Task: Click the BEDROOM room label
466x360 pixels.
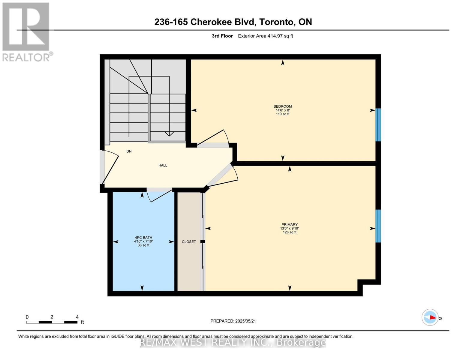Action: [282, 106]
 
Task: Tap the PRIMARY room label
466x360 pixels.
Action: [289, 224]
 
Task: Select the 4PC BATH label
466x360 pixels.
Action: [143, 238]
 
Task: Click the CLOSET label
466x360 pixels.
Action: [189, 241]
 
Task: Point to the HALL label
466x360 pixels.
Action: [163, 165]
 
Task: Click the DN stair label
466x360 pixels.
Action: [129, 151]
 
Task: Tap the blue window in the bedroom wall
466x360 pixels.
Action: [378, 124]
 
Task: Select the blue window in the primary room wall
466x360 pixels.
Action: [378, 226]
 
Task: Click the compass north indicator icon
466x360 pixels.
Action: [430, 317]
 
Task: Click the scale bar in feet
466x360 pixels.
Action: [52, 322]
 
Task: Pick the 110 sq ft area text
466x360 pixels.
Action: [282, 114]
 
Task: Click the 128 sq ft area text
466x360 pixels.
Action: [289, 232]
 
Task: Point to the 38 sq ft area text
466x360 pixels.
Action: [143, 245]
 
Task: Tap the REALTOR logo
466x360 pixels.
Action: [26, 32]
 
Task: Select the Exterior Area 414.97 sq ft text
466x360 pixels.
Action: [265, 36]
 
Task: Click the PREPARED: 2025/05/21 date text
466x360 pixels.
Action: [233, 321]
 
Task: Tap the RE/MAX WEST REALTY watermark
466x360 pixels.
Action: [233, 342]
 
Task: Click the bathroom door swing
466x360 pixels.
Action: [159, 195]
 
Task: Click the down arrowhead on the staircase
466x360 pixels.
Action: [169, 134]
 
